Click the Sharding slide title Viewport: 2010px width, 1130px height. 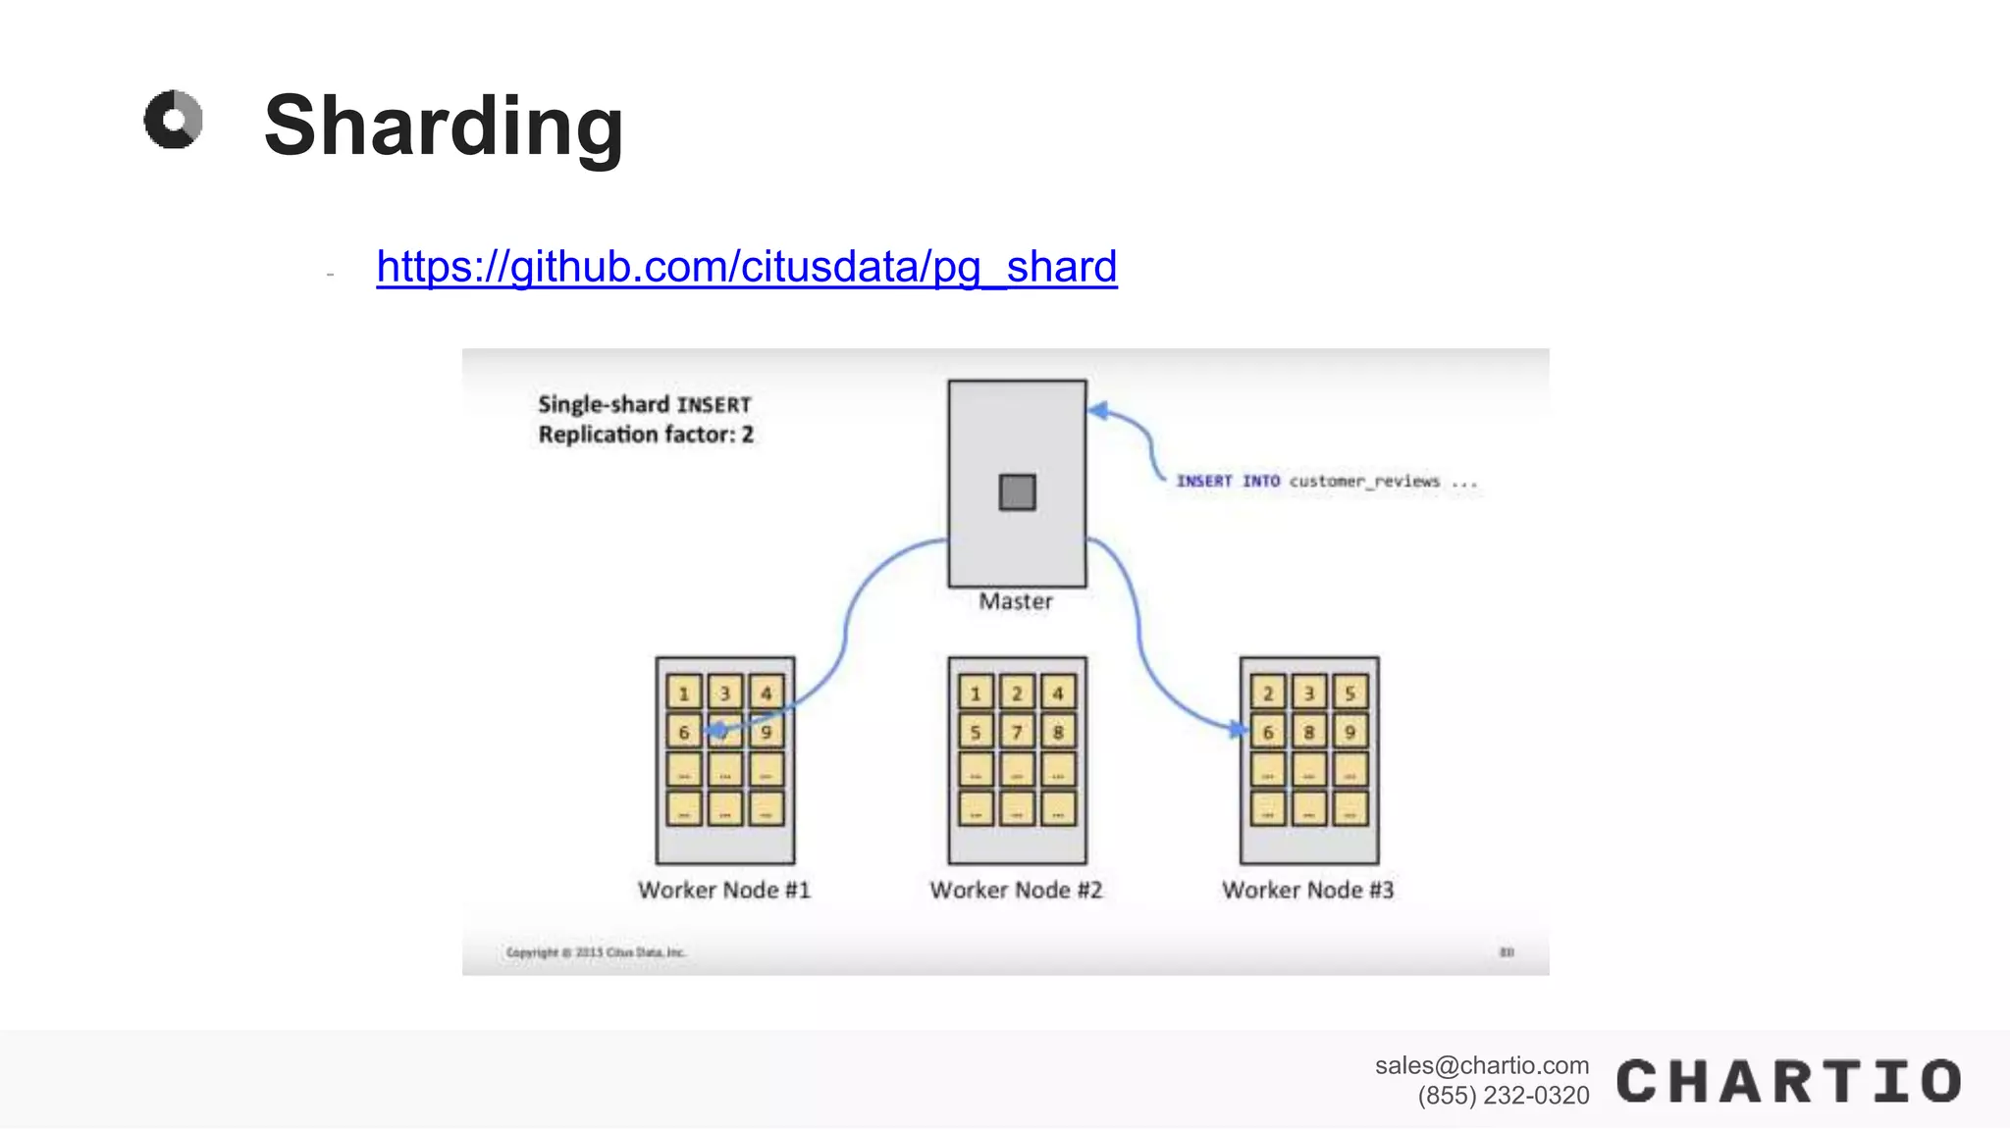tap(444, 126)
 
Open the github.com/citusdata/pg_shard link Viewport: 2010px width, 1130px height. tap(746, 267)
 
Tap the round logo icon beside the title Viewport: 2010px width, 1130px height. tap(174, 120)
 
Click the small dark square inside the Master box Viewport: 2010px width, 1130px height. tap(1017, 491)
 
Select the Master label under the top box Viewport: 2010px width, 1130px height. tap(1016, 601)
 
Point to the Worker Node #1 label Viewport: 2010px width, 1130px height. tap(724, 890)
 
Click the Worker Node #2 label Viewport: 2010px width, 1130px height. tap(1016, 890)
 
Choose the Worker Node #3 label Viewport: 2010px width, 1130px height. tap(1307, 890)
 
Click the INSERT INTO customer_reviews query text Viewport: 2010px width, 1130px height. tap(1325, 481)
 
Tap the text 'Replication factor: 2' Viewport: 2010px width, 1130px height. tap(646, 435)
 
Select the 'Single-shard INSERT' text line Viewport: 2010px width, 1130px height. tap(644, 404)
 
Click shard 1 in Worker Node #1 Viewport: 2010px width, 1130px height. tap(684, 693)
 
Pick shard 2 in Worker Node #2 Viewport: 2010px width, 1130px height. tap(1017, 693)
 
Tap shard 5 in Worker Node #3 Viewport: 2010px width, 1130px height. tap(1349, 693)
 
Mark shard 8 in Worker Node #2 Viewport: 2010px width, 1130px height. tap(1057, 732)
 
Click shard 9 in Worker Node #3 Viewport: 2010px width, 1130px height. tap(1349, 732)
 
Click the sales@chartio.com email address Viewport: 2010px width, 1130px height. tap(1481, 1065)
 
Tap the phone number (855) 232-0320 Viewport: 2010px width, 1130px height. tap(1503, 1096)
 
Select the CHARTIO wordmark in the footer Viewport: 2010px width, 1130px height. tap(1788, 1082)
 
